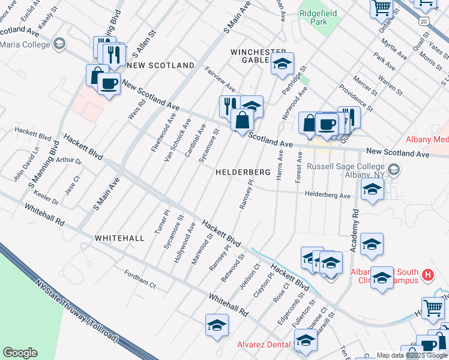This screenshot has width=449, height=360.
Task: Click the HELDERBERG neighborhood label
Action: click(243, 172)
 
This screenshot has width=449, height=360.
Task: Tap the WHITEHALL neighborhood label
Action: click(119, 238)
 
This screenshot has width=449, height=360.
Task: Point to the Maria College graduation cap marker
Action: click(59, 43)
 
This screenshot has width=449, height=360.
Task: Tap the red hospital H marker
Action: click(427, 275)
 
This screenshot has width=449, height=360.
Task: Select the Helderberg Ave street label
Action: click(327, 195)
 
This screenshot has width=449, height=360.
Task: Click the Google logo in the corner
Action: click(20, 353)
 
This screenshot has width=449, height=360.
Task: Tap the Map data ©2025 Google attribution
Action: click(412, 355)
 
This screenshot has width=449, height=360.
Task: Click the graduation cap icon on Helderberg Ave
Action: click(372, 191)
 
